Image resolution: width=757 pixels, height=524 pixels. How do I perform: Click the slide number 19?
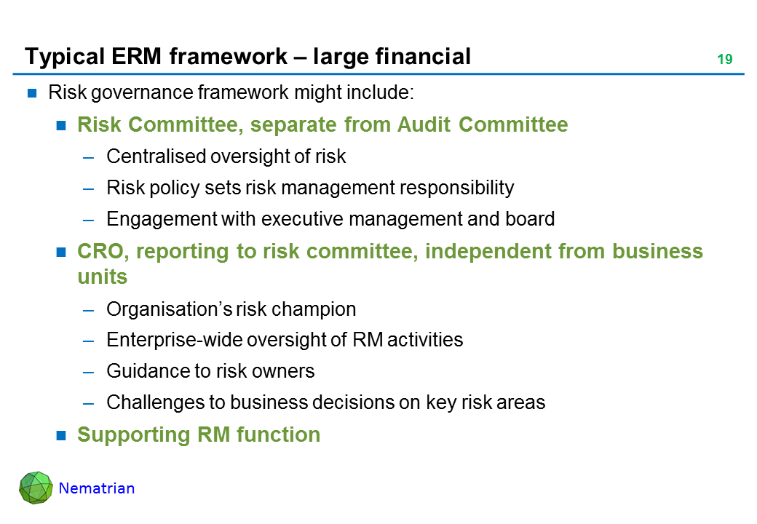point(725,60)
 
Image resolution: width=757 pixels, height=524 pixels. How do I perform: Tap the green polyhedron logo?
point(36,488)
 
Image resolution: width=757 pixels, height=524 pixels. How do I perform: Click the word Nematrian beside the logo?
point(97,488)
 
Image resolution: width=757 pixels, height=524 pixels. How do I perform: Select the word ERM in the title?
point(136,57)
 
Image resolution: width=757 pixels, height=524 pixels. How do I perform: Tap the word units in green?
point(103,277)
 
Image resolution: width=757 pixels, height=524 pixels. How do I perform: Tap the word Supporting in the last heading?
point(134,434)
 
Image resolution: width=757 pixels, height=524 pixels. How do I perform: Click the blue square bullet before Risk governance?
point(32,93)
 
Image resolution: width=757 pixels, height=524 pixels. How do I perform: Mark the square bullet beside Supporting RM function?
point(61,436)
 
